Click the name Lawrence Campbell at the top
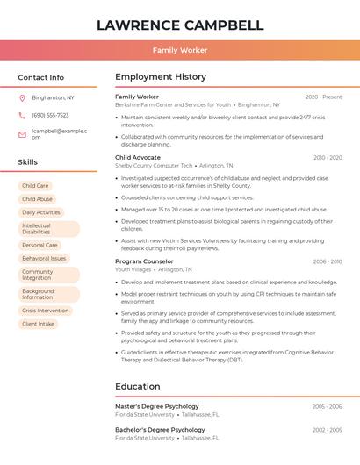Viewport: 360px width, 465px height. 180,25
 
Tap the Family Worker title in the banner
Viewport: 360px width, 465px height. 180,50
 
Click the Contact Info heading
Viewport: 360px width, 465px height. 41,77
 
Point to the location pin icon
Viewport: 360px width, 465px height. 22,98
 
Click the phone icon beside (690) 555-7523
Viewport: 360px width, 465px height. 22,116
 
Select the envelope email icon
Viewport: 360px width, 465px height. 22,134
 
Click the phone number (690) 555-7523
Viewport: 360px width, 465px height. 50,116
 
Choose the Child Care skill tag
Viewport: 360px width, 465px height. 36,186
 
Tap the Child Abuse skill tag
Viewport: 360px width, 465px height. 38,199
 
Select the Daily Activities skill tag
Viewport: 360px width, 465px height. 41,212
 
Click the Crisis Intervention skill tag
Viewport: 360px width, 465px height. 45,311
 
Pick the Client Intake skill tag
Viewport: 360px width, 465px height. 38,324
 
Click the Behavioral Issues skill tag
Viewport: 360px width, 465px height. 44,259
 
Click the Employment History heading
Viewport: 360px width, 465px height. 161,77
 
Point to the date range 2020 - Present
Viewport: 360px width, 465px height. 323,97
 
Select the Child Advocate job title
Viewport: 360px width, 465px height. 137,158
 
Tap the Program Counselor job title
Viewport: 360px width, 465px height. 144,261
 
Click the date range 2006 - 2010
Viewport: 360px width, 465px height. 327,261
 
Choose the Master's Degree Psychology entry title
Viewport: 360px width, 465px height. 157,406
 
